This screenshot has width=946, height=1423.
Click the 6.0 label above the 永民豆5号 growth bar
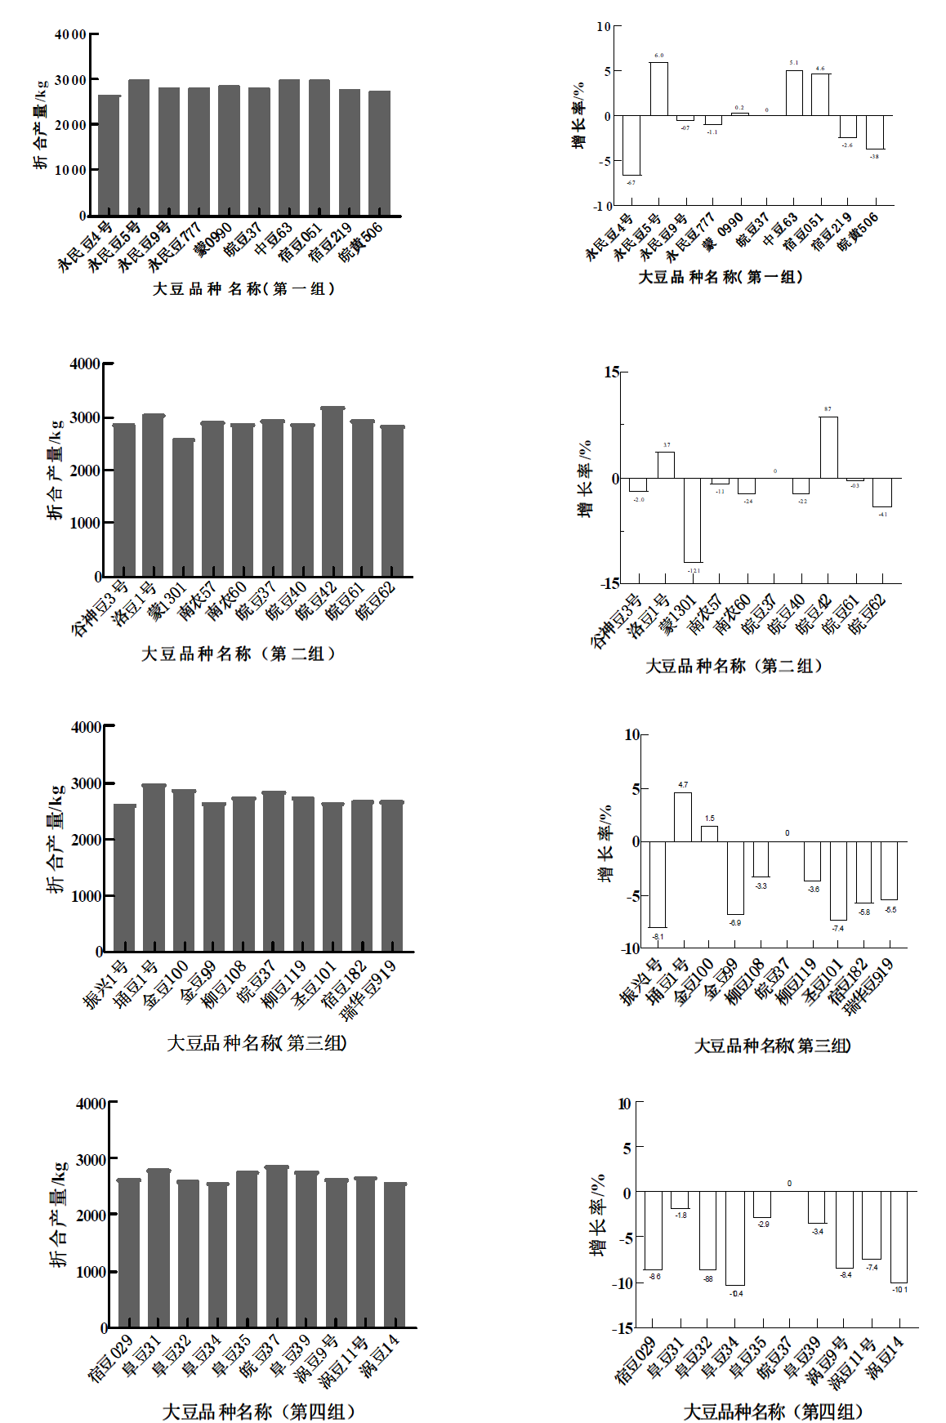tap(658, 56)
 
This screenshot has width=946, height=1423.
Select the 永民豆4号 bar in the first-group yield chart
tap(109, 155)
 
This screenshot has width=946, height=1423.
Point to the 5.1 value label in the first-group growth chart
tap(794, 63)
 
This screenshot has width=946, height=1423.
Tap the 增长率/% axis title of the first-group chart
tap(578, 114)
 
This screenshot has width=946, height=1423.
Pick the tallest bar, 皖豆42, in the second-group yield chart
tap(332, 490)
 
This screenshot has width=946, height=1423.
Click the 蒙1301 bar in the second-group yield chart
tap(184, 506)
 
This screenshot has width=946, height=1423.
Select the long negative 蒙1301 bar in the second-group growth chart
tap(693, 520)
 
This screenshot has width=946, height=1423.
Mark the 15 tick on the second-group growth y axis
tap(612, 372)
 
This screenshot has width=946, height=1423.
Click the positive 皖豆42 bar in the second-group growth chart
tap(828, 448)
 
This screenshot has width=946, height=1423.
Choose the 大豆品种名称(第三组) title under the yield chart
tap(257, 1043)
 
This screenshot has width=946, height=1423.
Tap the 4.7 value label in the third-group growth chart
tap(683, 785)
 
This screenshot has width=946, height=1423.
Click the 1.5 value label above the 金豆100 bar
tap(710, 819)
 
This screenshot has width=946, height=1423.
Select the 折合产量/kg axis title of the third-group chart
tap(56, 839)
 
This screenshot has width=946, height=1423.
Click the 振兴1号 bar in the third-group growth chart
tap(657, 884)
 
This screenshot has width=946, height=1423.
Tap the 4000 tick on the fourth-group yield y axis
tap(91, 1104)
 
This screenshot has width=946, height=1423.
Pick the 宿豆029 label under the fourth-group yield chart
tap(111, 1358)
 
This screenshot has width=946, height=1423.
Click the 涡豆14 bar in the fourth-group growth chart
tap(899, 1237)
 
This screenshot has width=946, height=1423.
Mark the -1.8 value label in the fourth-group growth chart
tap(680, 1216)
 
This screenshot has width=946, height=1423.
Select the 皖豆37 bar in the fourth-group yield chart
tap(277, 1246)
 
